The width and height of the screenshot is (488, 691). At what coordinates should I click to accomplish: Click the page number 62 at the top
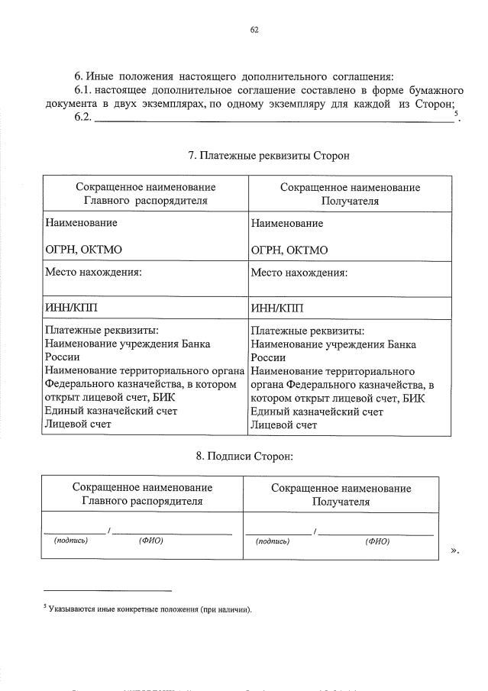click(254, 31)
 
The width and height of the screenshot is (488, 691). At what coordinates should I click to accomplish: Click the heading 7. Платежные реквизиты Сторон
click(268, 156)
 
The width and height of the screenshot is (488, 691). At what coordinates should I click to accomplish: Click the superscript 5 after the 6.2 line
click(455, 115)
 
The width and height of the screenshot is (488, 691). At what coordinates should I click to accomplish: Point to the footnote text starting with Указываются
click(149, 610)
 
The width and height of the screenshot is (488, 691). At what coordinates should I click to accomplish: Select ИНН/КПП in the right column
click(276, 308)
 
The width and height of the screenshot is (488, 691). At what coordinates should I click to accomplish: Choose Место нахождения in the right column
click(299, 273)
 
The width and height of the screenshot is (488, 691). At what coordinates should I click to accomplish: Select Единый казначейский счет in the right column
click(317, 412)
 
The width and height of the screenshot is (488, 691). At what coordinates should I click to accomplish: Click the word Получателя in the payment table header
click(350, 202)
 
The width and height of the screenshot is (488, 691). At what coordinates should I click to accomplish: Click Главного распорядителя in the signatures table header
click(143, 502)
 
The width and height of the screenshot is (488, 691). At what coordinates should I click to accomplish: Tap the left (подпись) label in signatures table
click(70, 541)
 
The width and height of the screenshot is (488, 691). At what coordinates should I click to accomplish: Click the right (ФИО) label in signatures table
click(377, 541)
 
